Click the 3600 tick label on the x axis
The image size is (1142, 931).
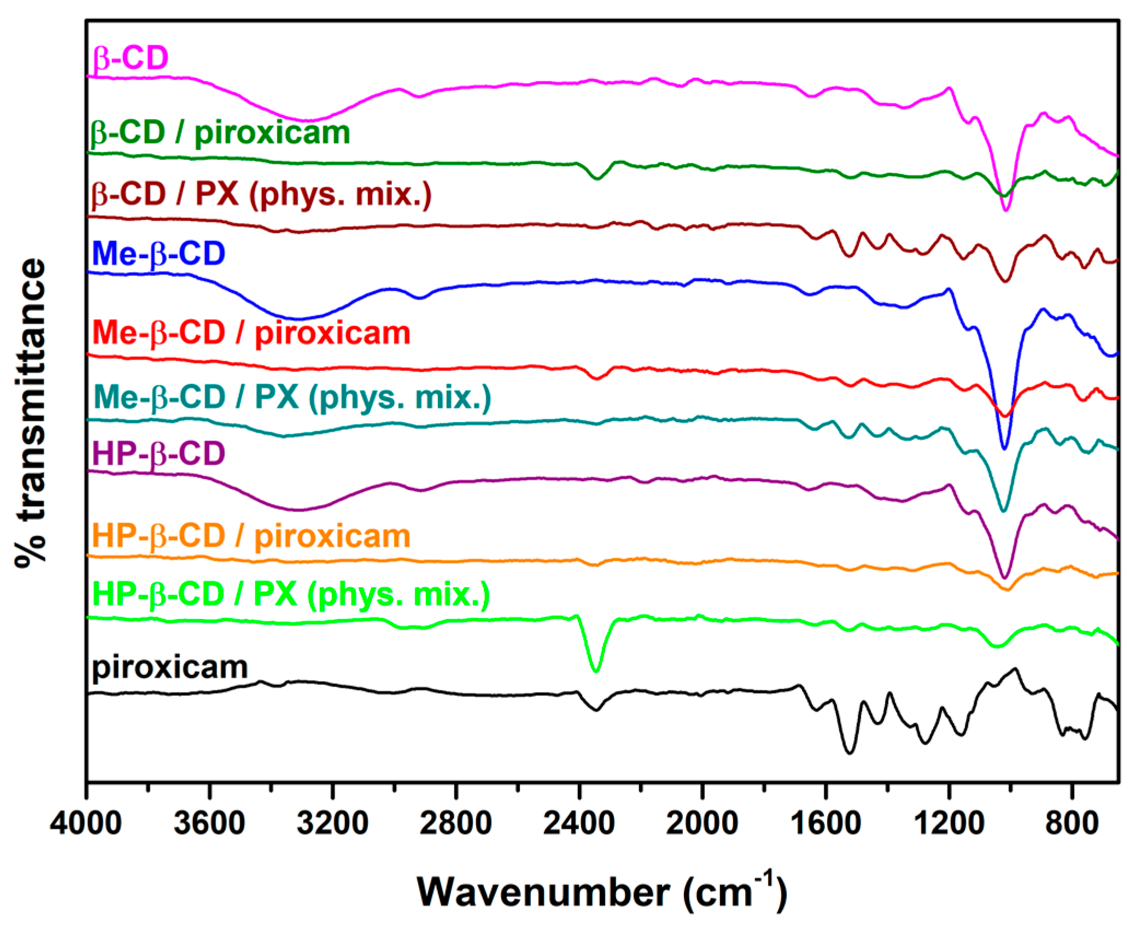[209, 823]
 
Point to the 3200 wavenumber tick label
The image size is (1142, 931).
[332, 823]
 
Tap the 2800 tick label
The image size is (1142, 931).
[455, 823]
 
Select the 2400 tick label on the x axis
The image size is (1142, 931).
[579, 823]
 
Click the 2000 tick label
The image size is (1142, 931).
[702, 823]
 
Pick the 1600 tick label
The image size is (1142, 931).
[825, 823]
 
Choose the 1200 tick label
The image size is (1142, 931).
[949, 823]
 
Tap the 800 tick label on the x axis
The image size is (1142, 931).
[1072, 823]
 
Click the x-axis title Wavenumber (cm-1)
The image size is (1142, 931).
[601, 892]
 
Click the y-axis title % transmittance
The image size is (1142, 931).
[31, 413]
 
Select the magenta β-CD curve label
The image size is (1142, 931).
[130, 57]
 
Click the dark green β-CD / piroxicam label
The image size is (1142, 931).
[220, 133]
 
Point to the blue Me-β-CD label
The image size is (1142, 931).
[159, 254]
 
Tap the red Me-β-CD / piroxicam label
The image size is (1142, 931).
[251, 333]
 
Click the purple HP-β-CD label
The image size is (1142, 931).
[159, 453]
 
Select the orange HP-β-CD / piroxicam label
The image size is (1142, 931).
[251, 536]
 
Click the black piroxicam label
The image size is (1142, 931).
[169, 667]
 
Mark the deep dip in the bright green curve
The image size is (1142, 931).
[596, 670]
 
